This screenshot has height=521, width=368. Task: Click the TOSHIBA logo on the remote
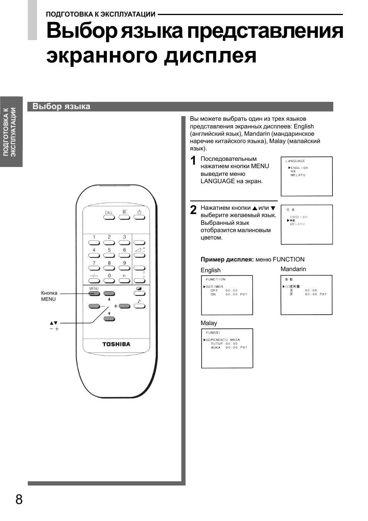(116, 344)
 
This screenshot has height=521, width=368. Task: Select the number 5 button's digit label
(109, 250)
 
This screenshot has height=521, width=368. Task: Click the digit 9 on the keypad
(124, 263)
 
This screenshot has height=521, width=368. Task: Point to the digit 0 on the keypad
(109, 276)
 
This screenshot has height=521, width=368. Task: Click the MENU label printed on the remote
(94, 288)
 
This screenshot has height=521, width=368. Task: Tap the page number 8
(19, 499)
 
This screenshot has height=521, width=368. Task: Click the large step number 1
(194, 160)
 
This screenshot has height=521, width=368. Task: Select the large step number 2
(194, 210)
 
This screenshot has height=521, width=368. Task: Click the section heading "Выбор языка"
(61, 106)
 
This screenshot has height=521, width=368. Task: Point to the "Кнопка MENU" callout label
(49, 296)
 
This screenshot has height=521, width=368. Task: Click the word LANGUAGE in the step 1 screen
(295, 161)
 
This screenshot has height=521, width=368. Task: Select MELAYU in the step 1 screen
(298, 175)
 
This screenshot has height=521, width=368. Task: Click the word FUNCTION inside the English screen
(216, 279)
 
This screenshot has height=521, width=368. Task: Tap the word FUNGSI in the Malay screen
(213, 332)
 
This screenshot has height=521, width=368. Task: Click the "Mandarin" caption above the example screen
(293, 269)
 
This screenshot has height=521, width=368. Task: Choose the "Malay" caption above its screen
(209, 323)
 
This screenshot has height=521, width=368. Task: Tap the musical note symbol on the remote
(139, 301)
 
